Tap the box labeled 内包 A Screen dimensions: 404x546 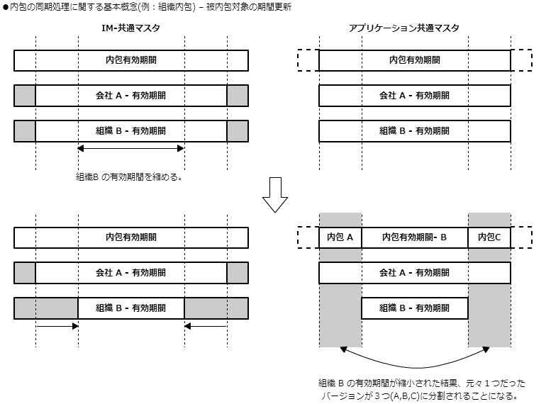[340, 237]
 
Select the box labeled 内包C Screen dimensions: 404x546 [489, 237]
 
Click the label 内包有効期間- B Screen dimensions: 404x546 [414, 237]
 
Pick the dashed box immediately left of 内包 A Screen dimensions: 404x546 [308, 237]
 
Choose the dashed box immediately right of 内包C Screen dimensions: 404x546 [521, 237]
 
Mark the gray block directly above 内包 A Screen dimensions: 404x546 [340, 219]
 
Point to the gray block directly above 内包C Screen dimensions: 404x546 [489, 219]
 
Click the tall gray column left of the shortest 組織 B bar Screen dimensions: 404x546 [340, 315]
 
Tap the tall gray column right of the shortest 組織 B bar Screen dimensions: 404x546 [489, 315]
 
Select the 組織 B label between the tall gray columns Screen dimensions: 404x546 [414, 308]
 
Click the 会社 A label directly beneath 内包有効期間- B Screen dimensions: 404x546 [414, 273]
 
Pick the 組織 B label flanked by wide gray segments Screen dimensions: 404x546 [130, 308]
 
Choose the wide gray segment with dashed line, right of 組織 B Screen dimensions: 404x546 [216, 308]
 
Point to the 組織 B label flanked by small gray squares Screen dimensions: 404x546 [130, 131]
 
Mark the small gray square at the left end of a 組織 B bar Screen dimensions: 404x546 [25, 131]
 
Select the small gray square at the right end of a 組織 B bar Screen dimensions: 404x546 [238, 131]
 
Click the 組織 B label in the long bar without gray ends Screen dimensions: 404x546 [414, 131]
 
